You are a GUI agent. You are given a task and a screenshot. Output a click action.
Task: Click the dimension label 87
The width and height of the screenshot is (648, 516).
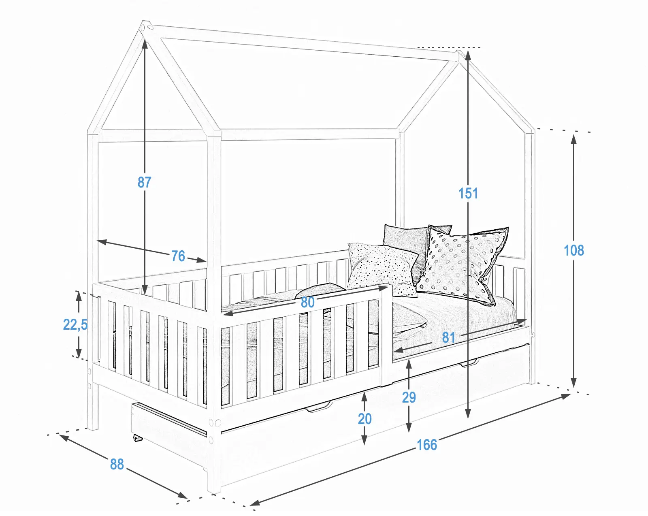(x=144, y=182)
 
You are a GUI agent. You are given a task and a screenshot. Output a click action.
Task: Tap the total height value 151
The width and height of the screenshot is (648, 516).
(x=468, y=193)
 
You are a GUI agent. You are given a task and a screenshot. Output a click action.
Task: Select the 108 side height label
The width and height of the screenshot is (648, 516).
(x=573, y=250)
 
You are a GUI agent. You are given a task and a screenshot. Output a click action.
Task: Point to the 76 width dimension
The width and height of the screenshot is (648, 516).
(x=178, y=256)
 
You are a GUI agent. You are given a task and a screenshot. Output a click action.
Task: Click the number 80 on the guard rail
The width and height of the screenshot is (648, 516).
(x=307, y=302)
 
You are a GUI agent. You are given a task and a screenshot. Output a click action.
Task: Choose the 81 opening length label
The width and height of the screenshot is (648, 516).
(x=448, y=337)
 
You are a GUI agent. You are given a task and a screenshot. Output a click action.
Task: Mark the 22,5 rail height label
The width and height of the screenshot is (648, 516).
(x=75, y=324)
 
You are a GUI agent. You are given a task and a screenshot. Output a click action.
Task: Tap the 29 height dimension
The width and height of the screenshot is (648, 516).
(x=409, y=397)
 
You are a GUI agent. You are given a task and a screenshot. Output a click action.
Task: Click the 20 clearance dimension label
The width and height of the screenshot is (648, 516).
(x=364, y=419)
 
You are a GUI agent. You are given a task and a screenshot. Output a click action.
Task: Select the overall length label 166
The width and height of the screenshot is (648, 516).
(x=427, y=445)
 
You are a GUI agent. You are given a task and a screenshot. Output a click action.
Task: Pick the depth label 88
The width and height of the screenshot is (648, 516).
(x=117, y=464)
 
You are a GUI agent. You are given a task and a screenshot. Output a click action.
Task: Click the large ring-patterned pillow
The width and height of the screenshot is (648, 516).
(x=462, y=265)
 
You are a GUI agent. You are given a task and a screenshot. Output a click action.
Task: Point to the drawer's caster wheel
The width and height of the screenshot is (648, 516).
(x=137, y=438)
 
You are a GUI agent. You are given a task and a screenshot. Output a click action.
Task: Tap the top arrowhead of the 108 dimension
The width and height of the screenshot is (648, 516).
(x=573, y=140)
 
